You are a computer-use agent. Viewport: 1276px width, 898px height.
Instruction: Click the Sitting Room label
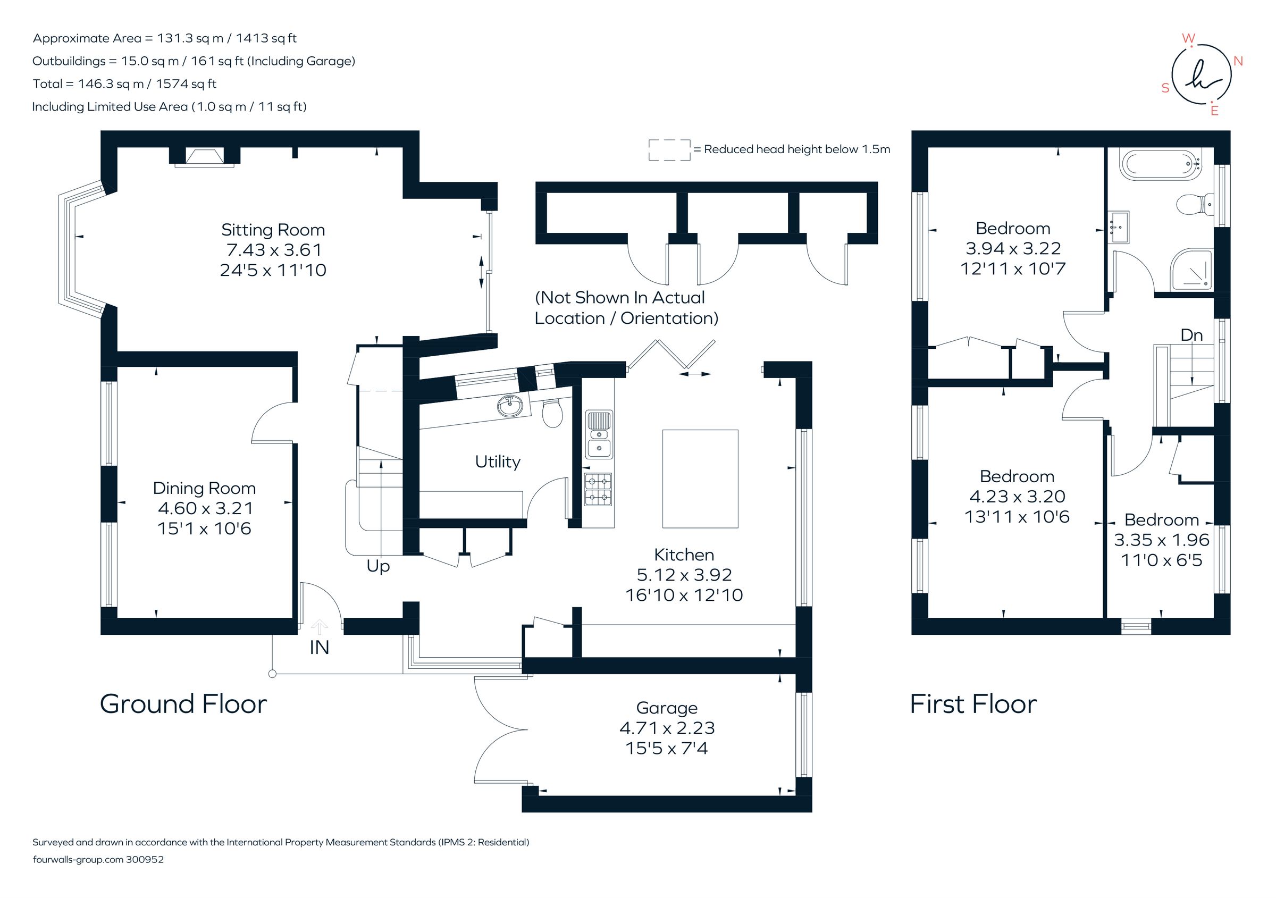tap(272, 230)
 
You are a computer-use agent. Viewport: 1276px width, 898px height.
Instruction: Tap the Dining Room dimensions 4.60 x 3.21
tap(205, 508)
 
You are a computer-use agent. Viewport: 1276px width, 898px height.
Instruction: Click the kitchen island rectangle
tap(700, 479)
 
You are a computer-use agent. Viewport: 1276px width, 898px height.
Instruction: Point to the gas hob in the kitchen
tap(598, 489)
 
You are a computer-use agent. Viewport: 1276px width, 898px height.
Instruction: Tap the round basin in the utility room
tap(510, 406)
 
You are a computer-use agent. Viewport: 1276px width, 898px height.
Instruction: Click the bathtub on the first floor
tap(1160, 164)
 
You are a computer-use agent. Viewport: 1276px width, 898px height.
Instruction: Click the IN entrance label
tap(319, 648)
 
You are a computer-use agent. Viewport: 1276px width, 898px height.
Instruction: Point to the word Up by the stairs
tap(378, 566)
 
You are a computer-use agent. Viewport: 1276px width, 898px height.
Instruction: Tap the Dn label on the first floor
tap(1191, 335)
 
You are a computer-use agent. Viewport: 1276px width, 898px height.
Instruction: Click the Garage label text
tap(666, 708)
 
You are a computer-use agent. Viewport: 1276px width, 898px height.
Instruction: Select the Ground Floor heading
tap(183, 704)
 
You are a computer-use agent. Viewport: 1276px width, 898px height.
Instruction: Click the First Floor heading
tap(972, 704)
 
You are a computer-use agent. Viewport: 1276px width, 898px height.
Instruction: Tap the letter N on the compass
tap(1238, 61)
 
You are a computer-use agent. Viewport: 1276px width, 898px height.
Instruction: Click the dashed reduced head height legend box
tap(669, 150)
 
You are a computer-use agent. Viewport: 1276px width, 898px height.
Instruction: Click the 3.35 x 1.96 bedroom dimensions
tap(1161, 540)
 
